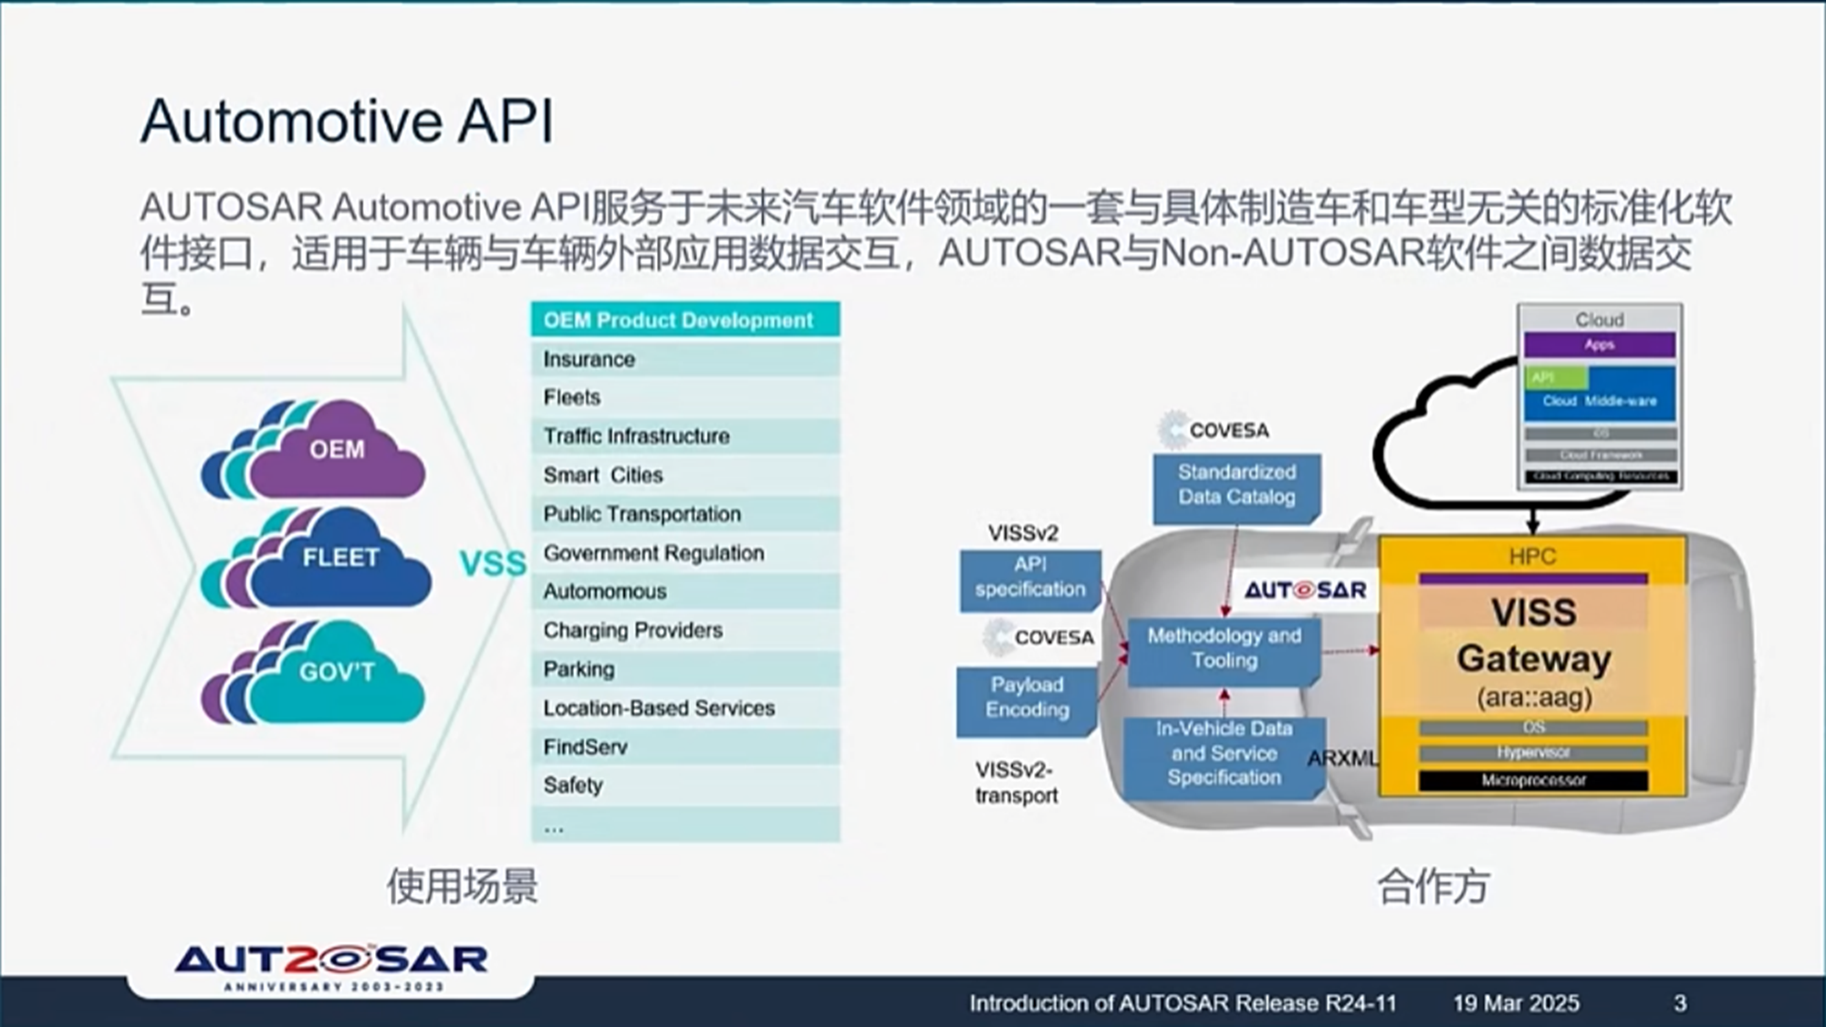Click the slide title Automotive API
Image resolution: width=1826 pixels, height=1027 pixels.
(347, 121)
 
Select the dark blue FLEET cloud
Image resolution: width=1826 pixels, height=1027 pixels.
(339, 559)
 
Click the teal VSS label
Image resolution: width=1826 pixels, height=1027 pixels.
(493, 564)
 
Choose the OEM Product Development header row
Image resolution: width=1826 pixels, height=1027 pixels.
(684, 320)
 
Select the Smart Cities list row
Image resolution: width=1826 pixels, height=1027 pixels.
(684, 476)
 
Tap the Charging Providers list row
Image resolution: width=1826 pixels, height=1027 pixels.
(684, 631)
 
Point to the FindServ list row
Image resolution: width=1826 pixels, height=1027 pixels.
(684, 748)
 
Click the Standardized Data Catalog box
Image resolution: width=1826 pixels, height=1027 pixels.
(1236, 486)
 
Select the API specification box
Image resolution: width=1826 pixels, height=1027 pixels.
(1029, 578)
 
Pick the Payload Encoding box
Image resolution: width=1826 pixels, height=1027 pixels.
(1027, 698)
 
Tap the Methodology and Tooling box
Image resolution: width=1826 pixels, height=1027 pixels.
(1224, 649)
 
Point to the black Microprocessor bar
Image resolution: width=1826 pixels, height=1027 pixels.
(1533, 781)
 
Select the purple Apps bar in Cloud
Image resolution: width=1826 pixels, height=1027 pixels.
(1599, 345)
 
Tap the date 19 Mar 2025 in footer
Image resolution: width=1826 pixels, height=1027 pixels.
(1516, 1004)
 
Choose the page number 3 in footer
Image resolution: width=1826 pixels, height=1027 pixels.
(1680, 1004)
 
